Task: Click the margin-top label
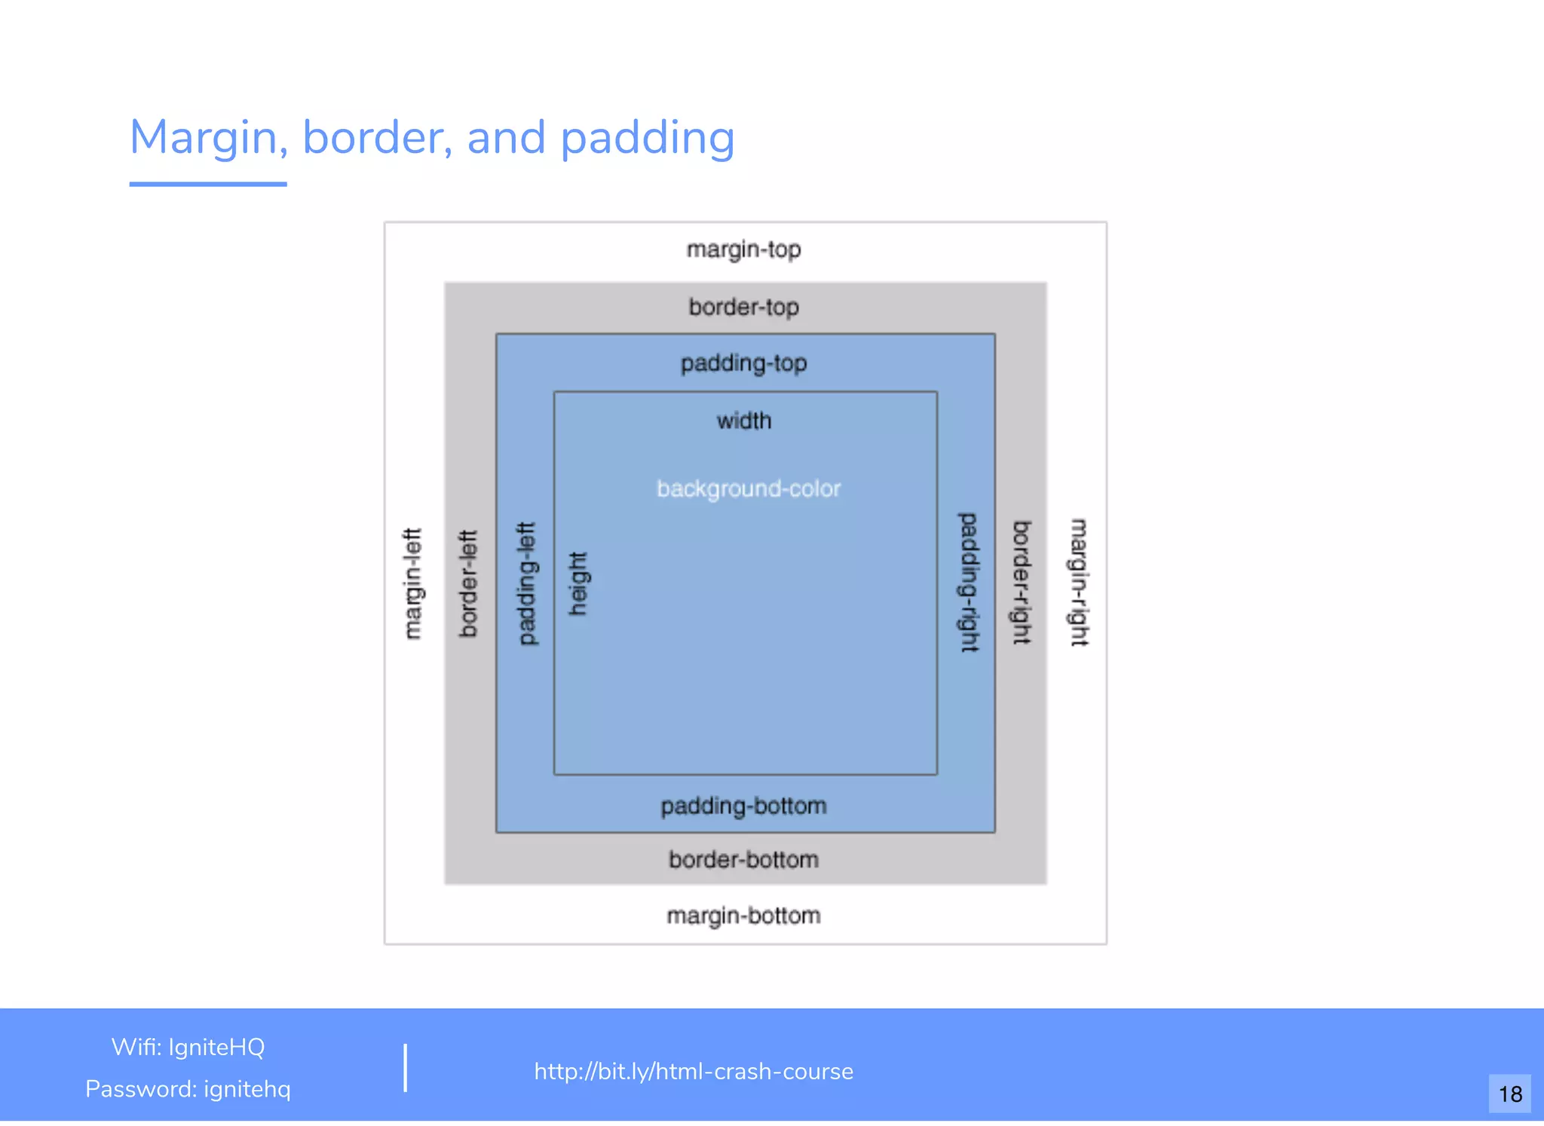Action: (x=743, y=249)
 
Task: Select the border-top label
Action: (x=743, y=308)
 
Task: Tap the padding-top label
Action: (x=743, y=363)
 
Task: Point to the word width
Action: (x=743, y=421)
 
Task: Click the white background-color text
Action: (x=749, y=488)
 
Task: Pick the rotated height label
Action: (x=577, y=584)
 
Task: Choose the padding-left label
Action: (x=527, y=584)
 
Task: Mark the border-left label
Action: (x=469, y=584)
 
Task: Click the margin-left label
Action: (x=412, y=584)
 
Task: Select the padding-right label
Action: (x=968, y=583)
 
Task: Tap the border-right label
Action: (x=1022, y=583)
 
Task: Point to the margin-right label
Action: (x=1080, y=583)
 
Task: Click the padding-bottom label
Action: (x=743, y=806)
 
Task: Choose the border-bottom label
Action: (x=743, y=860)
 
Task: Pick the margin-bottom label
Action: (x=743, y=916)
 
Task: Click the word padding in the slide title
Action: (x=648, y=138)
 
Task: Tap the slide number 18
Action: (x=1510, y=1094)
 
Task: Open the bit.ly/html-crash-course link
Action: (x=694, y=1071)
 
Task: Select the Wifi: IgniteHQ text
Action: (x=188, y=1047)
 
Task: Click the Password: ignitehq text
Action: (x=188, y=1089)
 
